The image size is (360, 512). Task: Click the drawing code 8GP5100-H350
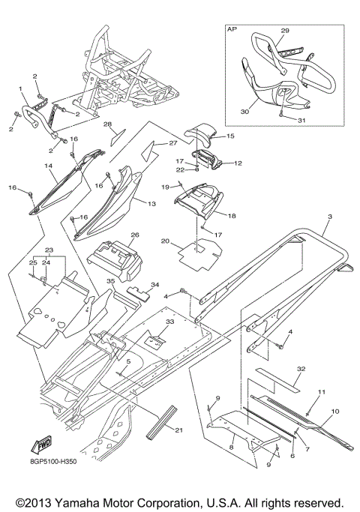click(x=53, y=462)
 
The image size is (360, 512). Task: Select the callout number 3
click(x=330, y=217)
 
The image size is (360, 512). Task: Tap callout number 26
click(x=135, y=235)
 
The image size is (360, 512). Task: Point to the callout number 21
click(x=178, y=430)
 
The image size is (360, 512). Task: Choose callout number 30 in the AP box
click(x=244, y=112)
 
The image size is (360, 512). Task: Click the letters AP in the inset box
click(x=232, y=29)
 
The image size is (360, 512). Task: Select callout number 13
click(x=152, y=204)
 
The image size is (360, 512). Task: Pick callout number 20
click(x=165, y=241)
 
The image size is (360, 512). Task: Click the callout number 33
click(x=169, y=322)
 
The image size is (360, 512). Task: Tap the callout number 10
click(x=335, y=412)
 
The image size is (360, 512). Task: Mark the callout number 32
click(x=301, y=369)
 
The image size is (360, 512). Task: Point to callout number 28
click(x=107, y=124)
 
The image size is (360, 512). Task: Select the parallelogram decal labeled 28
click(x=118, y=137)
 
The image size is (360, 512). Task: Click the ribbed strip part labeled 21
click(x=162, y=423)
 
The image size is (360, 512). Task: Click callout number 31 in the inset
click(x=301, y=120)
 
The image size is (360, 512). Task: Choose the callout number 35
click(x=111, y=281)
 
